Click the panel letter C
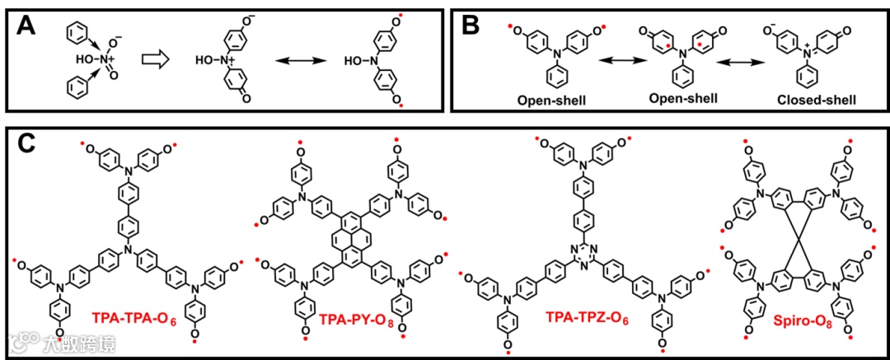coord(27,147)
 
